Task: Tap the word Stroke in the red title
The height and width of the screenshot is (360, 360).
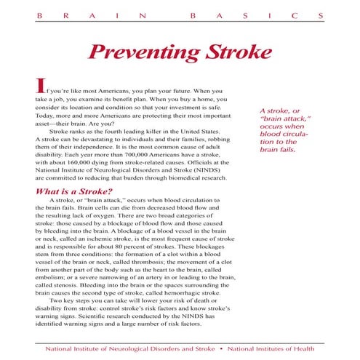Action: point(233,52)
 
